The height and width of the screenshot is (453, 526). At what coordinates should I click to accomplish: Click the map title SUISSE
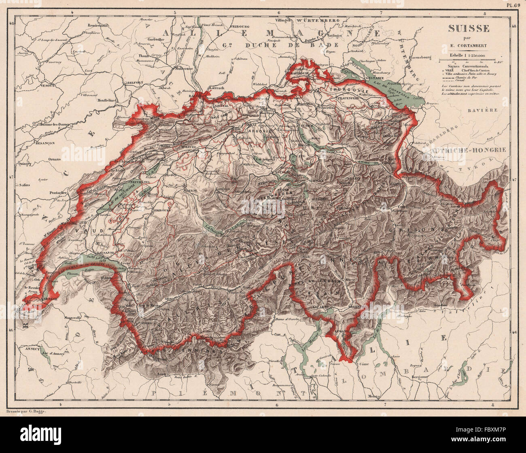[468, 28]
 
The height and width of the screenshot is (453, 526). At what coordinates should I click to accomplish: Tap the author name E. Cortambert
[468, 45]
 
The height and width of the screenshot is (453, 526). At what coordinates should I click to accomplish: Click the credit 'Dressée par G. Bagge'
[27, 411]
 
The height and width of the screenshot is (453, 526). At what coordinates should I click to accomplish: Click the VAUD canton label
[81, 230]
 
